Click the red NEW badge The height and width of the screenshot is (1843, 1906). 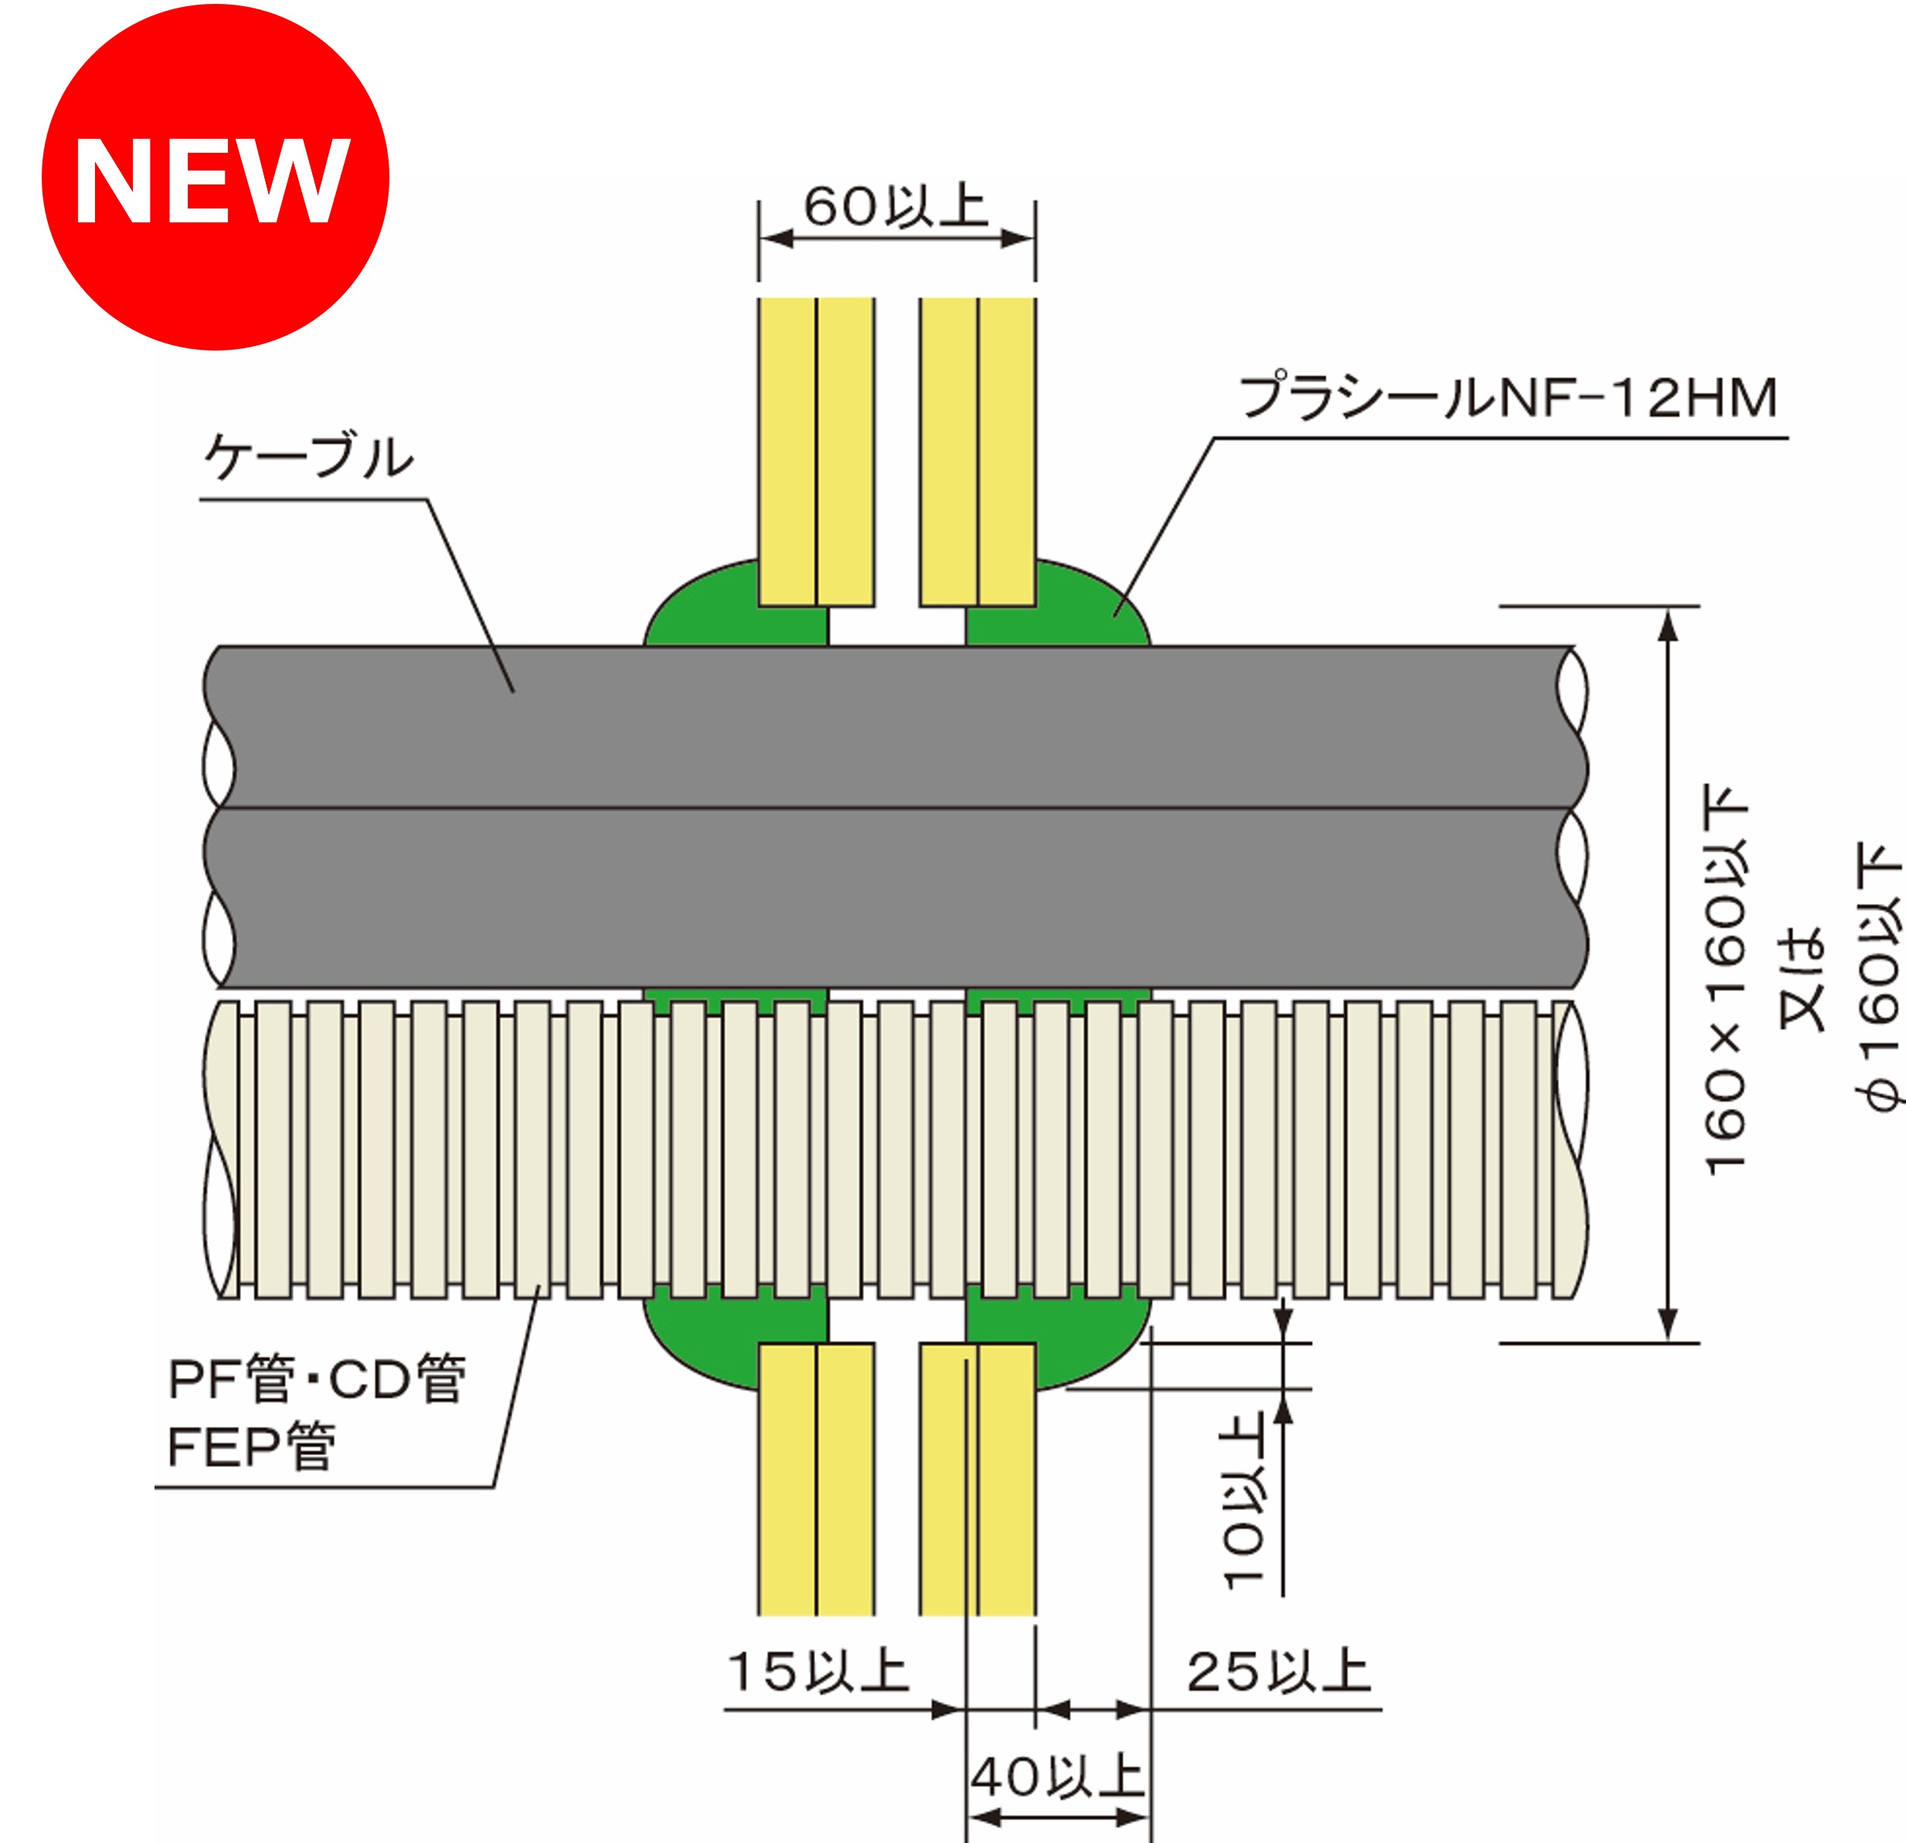215,177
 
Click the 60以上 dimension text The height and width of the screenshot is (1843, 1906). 895,206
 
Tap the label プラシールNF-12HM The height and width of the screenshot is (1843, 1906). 1508,398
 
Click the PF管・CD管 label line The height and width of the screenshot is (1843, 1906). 317,1378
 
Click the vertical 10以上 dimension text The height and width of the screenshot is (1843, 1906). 1243,1502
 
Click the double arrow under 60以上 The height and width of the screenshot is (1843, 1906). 895,238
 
